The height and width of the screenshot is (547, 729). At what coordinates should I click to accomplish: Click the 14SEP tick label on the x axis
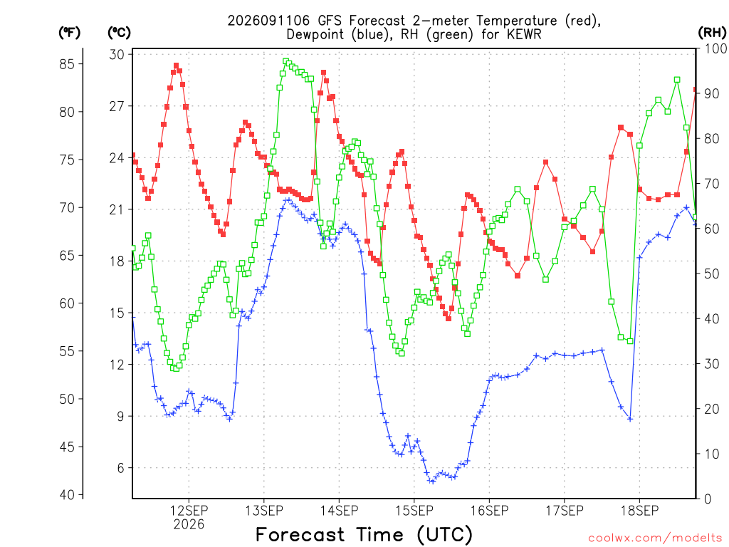tap(340, 511)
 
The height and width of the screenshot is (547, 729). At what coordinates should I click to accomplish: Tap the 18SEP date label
tap(640, 511)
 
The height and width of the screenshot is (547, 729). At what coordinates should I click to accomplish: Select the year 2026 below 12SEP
tap(189, 525)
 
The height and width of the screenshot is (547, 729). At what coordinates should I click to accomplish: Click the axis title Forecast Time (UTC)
tap(364, 535)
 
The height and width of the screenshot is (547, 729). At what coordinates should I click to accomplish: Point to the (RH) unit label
tap(712, 33)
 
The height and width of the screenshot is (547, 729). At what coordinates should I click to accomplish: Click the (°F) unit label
tap(69, 33)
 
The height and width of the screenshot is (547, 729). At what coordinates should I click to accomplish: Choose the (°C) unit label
tap(119, 33)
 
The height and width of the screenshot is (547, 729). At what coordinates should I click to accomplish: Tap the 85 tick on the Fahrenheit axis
tap(67, 64)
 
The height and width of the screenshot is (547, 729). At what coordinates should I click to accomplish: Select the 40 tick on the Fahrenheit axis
tap(67, 495)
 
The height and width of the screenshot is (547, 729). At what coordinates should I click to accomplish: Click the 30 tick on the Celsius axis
tap(117, 54)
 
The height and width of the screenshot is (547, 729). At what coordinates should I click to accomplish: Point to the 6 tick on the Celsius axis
tap(121, 468)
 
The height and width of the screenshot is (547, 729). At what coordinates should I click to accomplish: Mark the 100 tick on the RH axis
tap(715, 48)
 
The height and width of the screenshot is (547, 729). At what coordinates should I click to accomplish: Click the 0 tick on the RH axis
tap(708, 499)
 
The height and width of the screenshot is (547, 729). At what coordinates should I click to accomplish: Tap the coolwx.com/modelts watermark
tap(655, 538)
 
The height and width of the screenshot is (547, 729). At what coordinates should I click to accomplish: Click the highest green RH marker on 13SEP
tap(286, 61)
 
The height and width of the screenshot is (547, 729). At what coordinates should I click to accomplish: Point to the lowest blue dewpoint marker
tap(432, 481)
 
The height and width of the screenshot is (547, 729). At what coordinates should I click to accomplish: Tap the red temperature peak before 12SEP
tap(177, 66)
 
